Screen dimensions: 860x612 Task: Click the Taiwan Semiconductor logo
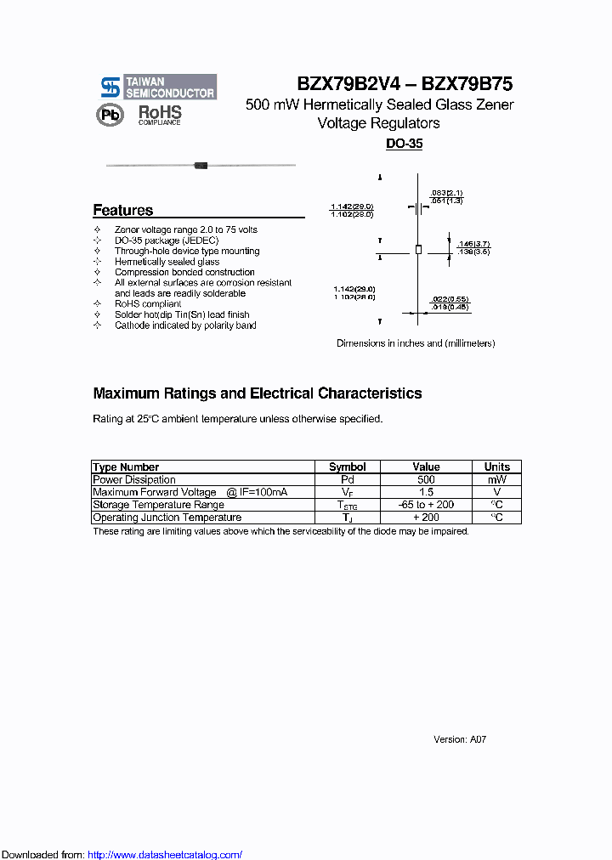tap(158, 87)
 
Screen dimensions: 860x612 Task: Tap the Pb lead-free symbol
tap(110, 116)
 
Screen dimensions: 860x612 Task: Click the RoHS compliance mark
tap(160, 115)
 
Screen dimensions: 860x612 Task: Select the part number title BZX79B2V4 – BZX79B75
tap(405, 84)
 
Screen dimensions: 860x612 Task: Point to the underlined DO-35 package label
tap(404, 144)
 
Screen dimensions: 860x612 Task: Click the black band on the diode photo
tap(201, 165)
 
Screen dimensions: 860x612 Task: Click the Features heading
tap(123, 210)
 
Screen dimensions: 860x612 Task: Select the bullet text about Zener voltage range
tap(185, 229)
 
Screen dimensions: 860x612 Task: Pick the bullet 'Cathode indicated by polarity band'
tap(185, 325)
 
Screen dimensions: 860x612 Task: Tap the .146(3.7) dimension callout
tap(473, 245)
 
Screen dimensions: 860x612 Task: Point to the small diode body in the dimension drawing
tap(417, 248)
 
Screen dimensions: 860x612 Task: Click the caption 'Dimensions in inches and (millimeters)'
tap(416, 343)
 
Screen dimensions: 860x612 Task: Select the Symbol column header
tap(347, 467)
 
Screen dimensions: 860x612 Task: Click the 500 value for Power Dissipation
tap(426, 479)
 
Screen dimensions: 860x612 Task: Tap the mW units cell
tap(496, 479)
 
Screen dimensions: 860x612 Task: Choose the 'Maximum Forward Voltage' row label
tap(154, 492)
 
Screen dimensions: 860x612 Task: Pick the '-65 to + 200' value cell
tap(426, 505)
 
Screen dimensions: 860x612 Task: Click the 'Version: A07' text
tap(460, 739)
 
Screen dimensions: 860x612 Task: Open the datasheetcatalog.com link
tap(165, 855)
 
